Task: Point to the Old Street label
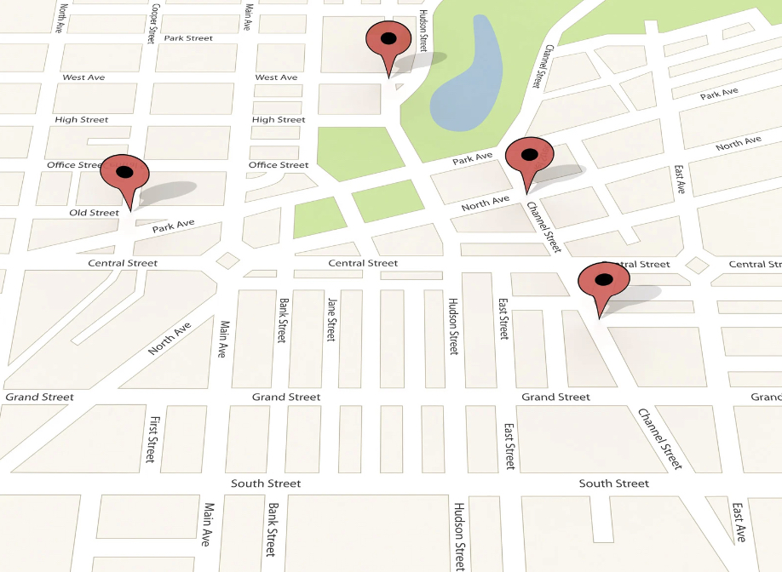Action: pos(94,213)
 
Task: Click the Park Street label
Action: pos(188,38)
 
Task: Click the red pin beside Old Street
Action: pos(125,174)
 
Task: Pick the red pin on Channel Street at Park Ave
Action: pos(529,157)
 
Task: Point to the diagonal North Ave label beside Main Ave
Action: pos(170,339)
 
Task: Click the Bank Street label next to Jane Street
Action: pos(281,320)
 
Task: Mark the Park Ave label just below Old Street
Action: pos(174,226)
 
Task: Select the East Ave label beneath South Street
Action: pos(739,522)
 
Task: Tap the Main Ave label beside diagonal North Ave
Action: pos(223,339)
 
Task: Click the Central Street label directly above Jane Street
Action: pos(364,264)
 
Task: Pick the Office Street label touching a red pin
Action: pos(75,165)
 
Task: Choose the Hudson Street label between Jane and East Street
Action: pos(454,326)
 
